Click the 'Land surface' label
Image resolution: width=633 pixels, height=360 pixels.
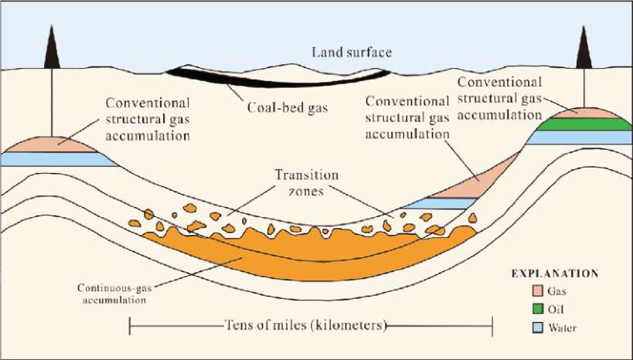[x=352, y=53]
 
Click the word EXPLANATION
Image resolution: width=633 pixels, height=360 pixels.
[x=556, y=273]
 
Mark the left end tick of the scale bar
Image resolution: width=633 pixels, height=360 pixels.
[x=129, y=325]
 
